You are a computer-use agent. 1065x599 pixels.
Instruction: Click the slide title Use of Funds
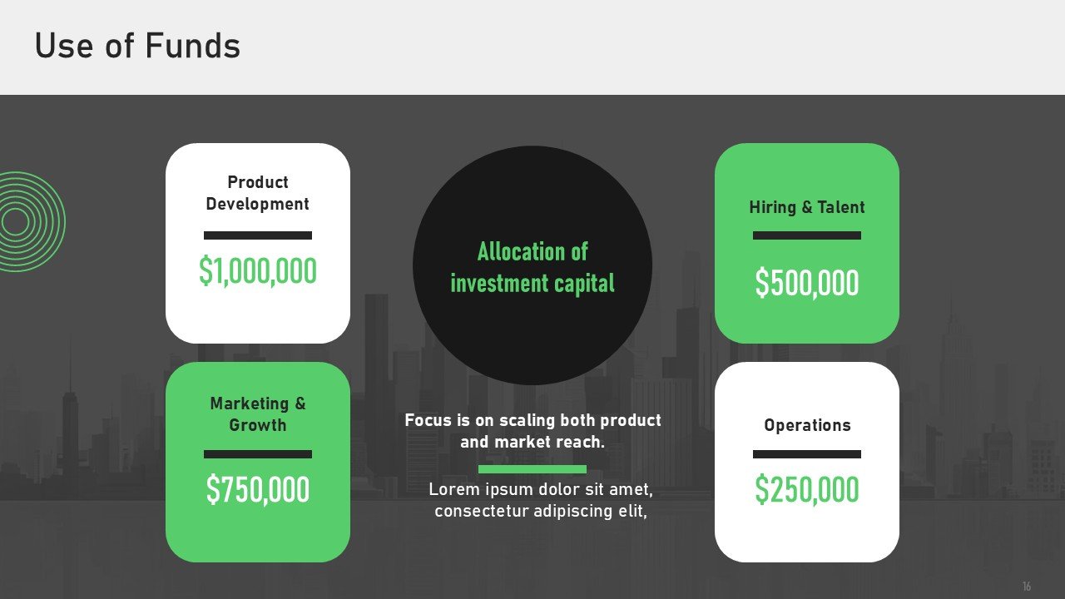click(137, 46)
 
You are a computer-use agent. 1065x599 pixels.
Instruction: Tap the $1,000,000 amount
click(258, 271)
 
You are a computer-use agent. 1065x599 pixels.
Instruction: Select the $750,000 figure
click(258, 489)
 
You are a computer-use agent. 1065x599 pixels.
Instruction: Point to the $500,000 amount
click(807, 283)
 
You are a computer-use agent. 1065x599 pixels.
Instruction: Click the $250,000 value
click(807, 489)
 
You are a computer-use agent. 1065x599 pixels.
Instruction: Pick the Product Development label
click(258, 193)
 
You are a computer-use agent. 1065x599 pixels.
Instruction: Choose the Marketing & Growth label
click(258, 414)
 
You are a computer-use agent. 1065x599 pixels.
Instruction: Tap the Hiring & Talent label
click(807, 207)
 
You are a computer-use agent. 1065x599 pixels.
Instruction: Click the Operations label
click(807, 425)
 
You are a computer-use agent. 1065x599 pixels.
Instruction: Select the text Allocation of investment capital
click(532, 268)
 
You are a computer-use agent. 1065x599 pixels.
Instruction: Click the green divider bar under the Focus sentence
click(532, 469)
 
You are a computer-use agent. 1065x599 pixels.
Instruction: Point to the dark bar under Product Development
click(258, 235)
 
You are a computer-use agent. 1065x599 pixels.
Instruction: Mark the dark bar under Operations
click(807, 454)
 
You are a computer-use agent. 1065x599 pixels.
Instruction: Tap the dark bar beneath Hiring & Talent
click(807, 235)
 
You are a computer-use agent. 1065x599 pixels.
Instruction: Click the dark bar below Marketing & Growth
click(258, 454)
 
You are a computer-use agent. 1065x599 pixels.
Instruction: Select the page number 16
click(1027, 587)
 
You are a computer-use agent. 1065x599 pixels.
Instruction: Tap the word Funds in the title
click(192, 46)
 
